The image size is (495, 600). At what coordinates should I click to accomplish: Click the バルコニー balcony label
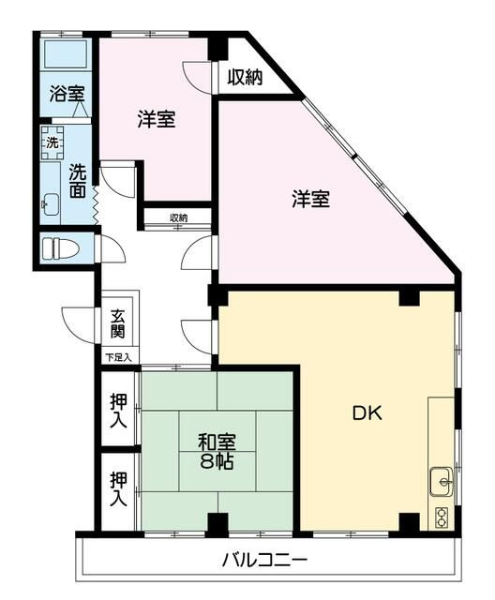(x=264, y=561)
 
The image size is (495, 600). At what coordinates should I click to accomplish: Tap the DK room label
(x=367, y=412)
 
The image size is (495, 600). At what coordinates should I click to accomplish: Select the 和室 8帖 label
(x=217, y=451)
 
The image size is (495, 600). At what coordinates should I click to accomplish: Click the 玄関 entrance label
(x=118, y=323)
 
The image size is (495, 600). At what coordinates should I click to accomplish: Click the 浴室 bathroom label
(x=67, y=94)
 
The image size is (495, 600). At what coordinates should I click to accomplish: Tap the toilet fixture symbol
(x=62, y=250)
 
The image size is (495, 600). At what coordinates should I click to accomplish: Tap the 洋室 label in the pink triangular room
(x=309, y=199)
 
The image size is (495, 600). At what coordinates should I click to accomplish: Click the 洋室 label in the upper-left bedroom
(x=156, y=119)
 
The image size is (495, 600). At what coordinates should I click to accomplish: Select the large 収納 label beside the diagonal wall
(x=245, y=77)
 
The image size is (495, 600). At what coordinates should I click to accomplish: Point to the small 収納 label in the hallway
(x=177, y=218)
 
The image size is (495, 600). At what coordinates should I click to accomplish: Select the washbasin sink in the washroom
(x=50, y=203)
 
